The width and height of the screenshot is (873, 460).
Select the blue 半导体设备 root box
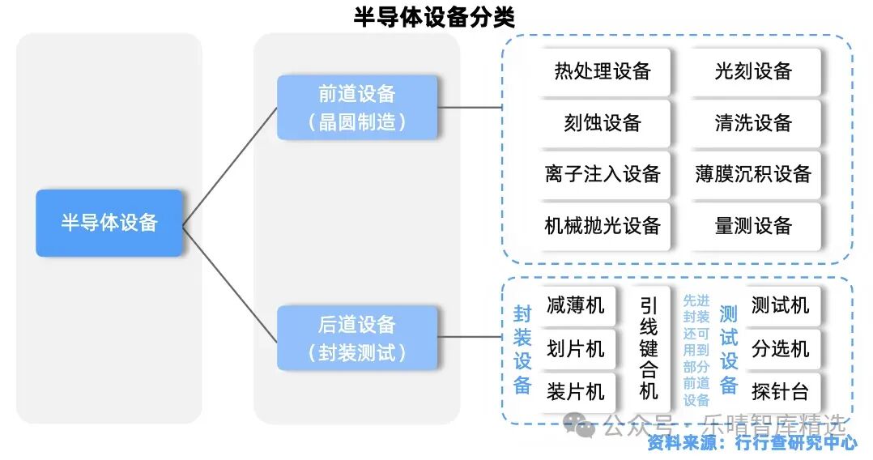pyautogui.click(x=109, y=223)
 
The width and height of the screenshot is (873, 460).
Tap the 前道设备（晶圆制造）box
pyautogui.click(x=357, y=107)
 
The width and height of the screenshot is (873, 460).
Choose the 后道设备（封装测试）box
pyautogui.click(x=357, y=338)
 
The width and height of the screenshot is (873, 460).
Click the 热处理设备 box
pyautogui.click(x=603, y=71)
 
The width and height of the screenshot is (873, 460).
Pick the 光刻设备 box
pyautogui.click(x=753, y=71)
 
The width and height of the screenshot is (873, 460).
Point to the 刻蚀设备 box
pyautogui.click(x=603, y=123)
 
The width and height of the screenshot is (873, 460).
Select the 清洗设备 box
pyautogui.click(x=753, y=123)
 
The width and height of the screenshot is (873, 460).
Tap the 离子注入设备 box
pyautogui.click(x=603, y=174)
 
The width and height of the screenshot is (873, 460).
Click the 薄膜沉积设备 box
pyautogui.click(x=753, y=174)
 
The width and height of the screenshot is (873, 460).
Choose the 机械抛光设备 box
pyautogui.click(x=603, y=226)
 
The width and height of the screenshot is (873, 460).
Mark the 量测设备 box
pyautogui.click(x=753, y=226)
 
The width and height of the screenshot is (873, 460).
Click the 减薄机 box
pyautogui.click(x=576, y=305)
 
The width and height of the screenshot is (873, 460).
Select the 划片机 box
pyautogui.click(x=576, y=349)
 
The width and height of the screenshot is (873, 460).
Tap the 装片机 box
pyautogui.click(x=576, y=392)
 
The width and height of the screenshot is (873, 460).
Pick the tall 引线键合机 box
pyautogui.click(x=649, y=348)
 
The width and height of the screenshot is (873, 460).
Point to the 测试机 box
pyautogui.click(x=780, y=305)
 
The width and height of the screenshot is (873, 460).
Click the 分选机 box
pyautogui.click(x=780, y=349)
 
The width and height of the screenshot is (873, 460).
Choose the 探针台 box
pyautogui.click(x=780, y=392)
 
